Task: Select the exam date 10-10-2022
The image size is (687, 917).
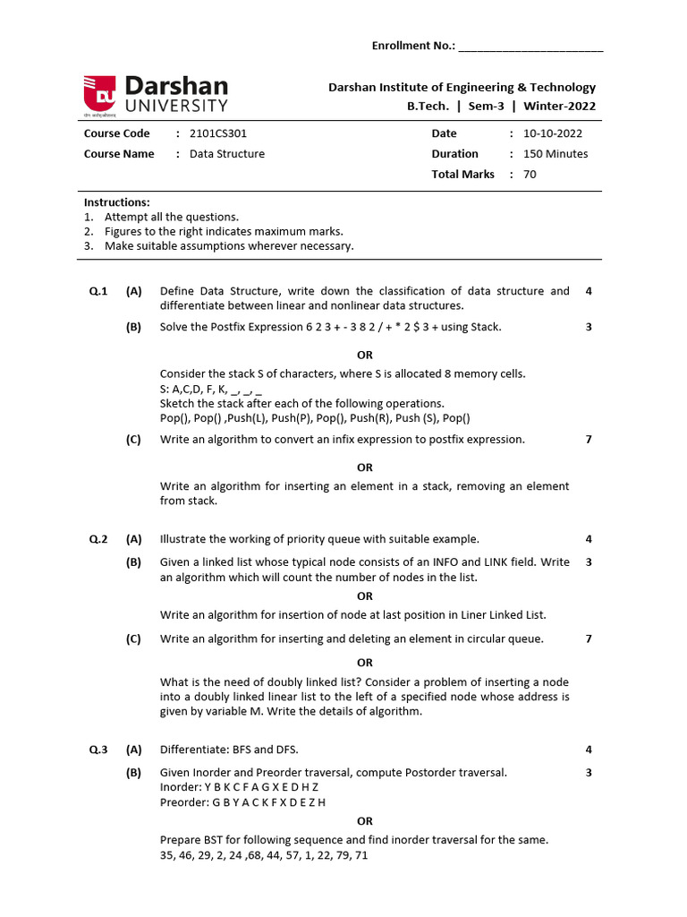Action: click(552, 133)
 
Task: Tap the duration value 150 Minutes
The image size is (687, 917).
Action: click(556, 154)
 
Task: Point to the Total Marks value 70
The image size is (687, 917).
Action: click(530, 175)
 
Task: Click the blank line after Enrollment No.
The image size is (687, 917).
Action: click(530, 46)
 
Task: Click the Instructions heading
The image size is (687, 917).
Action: click(117, 202)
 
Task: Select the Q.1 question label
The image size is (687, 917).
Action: click(98, 291)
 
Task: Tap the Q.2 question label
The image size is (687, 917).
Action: click(98, 539)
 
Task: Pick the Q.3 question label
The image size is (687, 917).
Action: click(98, 750)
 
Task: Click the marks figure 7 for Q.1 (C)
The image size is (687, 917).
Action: click(589, 440)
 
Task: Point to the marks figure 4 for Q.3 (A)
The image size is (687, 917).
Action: click(589, 750)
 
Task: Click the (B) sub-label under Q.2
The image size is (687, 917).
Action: click(134, 562)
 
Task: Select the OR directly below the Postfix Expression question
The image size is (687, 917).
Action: click(365, 356)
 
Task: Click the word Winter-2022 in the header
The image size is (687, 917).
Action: click(560, 107)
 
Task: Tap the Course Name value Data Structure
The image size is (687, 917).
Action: click(227, 154)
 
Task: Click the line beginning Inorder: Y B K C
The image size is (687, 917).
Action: click(239, 787)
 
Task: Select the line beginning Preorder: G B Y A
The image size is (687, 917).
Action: click(242, 802)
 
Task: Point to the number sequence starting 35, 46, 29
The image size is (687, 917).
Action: click(264, 855)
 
